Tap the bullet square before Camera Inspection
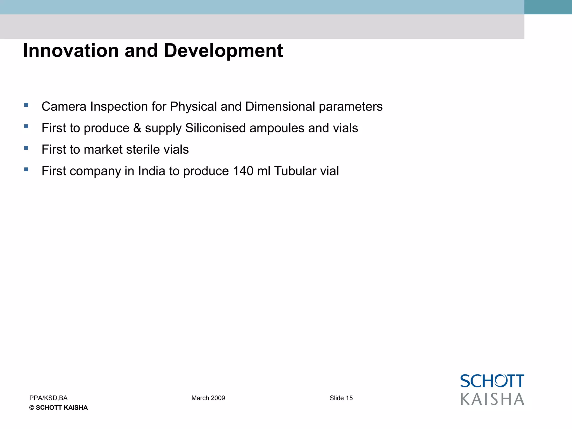point(26,105)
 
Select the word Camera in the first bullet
point(64,106)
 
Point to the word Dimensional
point(280,106)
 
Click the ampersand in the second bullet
point(137,128)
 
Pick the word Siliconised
point(215,128)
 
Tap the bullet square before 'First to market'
point(26,148)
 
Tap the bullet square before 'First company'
point(26,169)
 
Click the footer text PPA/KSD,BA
point(48,398)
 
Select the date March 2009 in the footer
point(208,398)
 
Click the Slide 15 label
point(341,398)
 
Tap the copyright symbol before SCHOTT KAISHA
point(32,408)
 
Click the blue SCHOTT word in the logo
point(492,381)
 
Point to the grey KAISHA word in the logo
point(492,399)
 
